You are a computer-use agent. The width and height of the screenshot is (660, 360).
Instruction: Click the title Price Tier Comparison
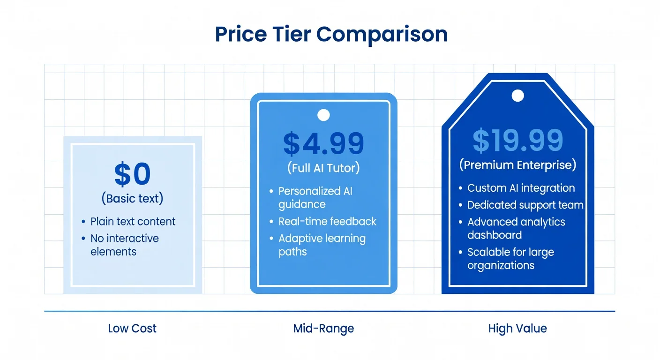(331, 35)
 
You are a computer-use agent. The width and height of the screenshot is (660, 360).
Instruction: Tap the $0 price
(133, 174)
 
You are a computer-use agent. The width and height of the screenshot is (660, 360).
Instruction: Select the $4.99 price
(323, 143)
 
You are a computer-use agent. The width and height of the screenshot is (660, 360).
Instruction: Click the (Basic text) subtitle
(133, 198)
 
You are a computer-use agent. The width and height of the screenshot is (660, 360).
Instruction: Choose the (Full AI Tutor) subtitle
(323, 168)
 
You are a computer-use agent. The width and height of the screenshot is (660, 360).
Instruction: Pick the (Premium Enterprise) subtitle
(517, 165)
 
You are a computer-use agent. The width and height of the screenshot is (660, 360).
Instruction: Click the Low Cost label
(132, 328)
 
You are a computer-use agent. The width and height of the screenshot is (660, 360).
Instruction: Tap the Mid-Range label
(323, 328)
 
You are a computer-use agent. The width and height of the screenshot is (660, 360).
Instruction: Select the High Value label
(517, 328)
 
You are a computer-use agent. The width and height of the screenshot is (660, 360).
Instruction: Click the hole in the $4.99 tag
(323, 115)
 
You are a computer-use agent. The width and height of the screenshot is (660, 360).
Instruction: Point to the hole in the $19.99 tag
(517, 96)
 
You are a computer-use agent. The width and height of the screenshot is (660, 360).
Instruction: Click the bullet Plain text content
(133, 221)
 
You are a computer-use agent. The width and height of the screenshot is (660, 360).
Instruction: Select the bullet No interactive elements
(124, 245)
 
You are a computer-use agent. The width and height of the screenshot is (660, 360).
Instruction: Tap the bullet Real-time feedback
(327, 221)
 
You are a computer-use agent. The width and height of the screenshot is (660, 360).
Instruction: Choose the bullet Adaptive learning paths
(322, 245)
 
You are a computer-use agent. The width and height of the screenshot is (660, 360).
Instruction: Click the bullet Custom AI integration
(521, 188)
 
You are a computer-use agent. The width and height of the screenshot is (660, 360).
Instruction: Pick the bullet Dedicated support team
(525, 205)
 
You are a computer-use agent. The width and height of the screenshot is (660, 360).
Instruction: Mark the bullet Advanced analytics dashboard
(516, 228)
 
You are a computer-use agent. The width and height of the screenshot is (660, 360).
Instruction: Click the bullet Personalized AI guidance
(315, 197)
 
